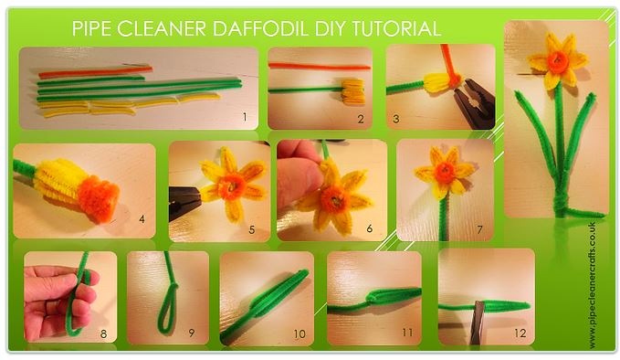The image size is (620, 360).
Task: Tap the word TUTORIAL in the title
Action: [395, 28]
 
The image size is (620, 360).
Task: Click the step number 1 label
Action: [245, 117]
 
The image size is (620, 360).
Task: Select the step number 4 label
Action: [142, 218]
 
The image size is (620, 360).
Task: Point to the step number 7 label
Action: [479, 229]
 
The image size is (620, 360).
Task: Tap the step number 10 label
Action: [299, 334]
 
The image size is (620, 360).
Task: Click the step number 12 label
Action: [520, 334]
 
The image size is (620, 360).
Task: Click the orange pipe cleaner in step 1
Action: [95, 71]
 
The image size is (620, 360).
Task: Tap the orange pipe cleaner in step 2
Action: [320, 67]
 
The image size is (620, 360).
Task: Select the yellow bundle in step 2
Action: [353, 91]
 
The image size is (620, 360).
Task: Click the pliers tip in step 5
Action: [186, 203]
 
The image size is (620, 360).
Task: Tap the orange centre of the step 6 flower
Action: [334, 200]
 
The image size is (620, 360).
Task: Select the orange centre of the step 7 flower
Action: [446, 173]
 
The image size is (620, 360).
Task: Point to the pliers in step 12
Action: [478, 323]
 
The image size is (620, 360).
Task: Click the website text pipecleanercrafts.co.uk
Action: [592, 286]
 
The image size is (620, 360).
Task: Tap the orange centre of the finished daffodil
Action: [558, 62]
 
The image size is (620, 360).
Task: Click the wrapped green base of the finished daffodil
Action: [560, 203]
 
